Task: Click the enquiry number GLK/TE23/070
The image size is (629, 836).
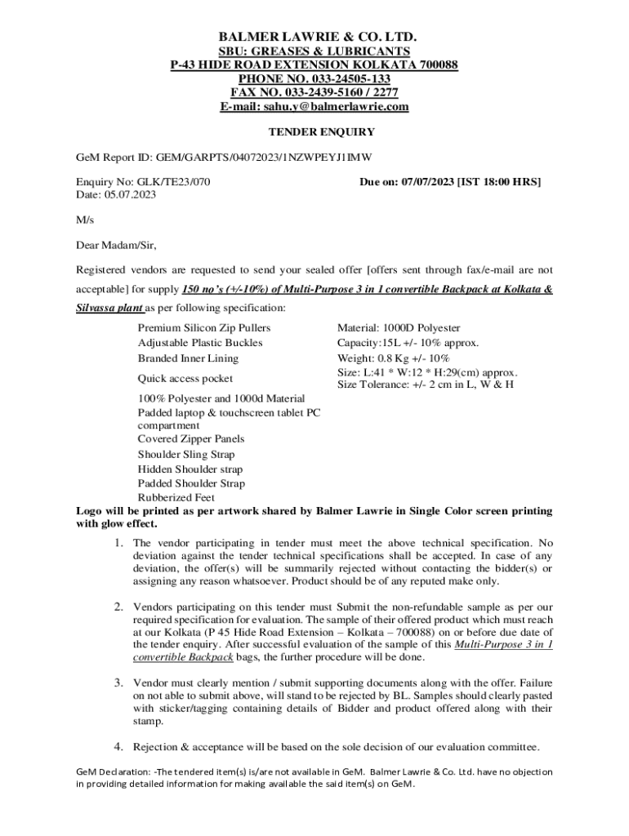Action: click(177, 181)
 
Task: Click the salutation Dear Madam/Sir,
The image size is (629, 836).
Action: click(116, 245)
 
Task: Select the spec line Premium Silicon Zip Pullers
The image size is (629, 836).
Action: click(204, 327)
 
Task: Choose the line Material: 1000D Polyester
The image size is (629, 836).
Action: click(398, 327)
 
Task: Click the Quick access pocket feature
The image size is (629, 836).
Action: click(185, 379)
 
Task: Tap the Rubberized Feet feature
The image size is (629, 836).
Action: click(176, 497)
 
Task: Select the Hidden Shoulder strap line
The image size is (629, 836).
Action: click(190, 469)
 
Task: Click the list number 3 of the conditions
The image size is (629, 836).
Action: click(118, 682)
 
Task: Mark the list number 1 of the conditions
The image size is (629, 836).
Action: click(118, 543)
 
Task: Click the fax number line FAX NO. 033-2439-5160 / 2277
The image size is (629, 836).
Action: click(314, 93)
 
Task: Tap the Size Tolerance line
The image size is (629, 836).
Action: click(425, 385)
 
